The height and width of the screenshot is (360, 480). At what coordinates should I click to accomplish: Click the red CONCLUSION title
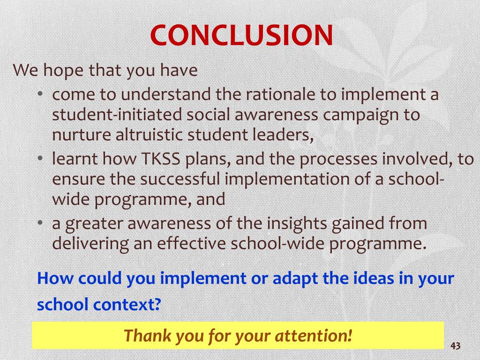[241, 35]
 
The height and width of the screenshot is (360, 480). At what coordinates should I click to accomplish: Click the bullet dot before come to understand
[41, 95]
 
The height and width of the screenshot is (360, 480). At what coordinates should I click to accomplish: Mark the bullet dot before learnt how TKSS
[41, 159]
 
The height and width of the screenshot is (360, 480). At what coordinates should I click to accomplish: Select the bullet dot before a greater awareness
[41, 224]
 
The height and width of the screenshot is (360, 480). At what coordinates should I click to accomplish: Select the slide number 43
[455, 346]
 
